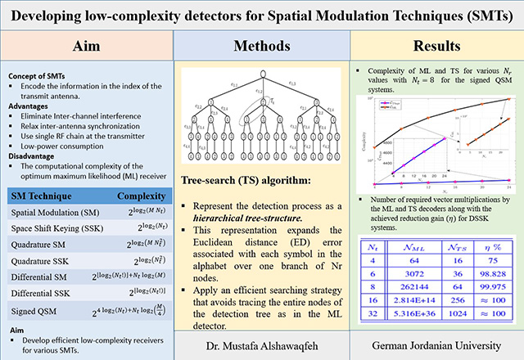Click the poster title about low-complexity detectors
click(261, 16)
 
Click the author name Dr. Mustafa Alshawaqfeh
click(260, 340)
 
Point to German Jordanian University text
click(435, 340)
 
